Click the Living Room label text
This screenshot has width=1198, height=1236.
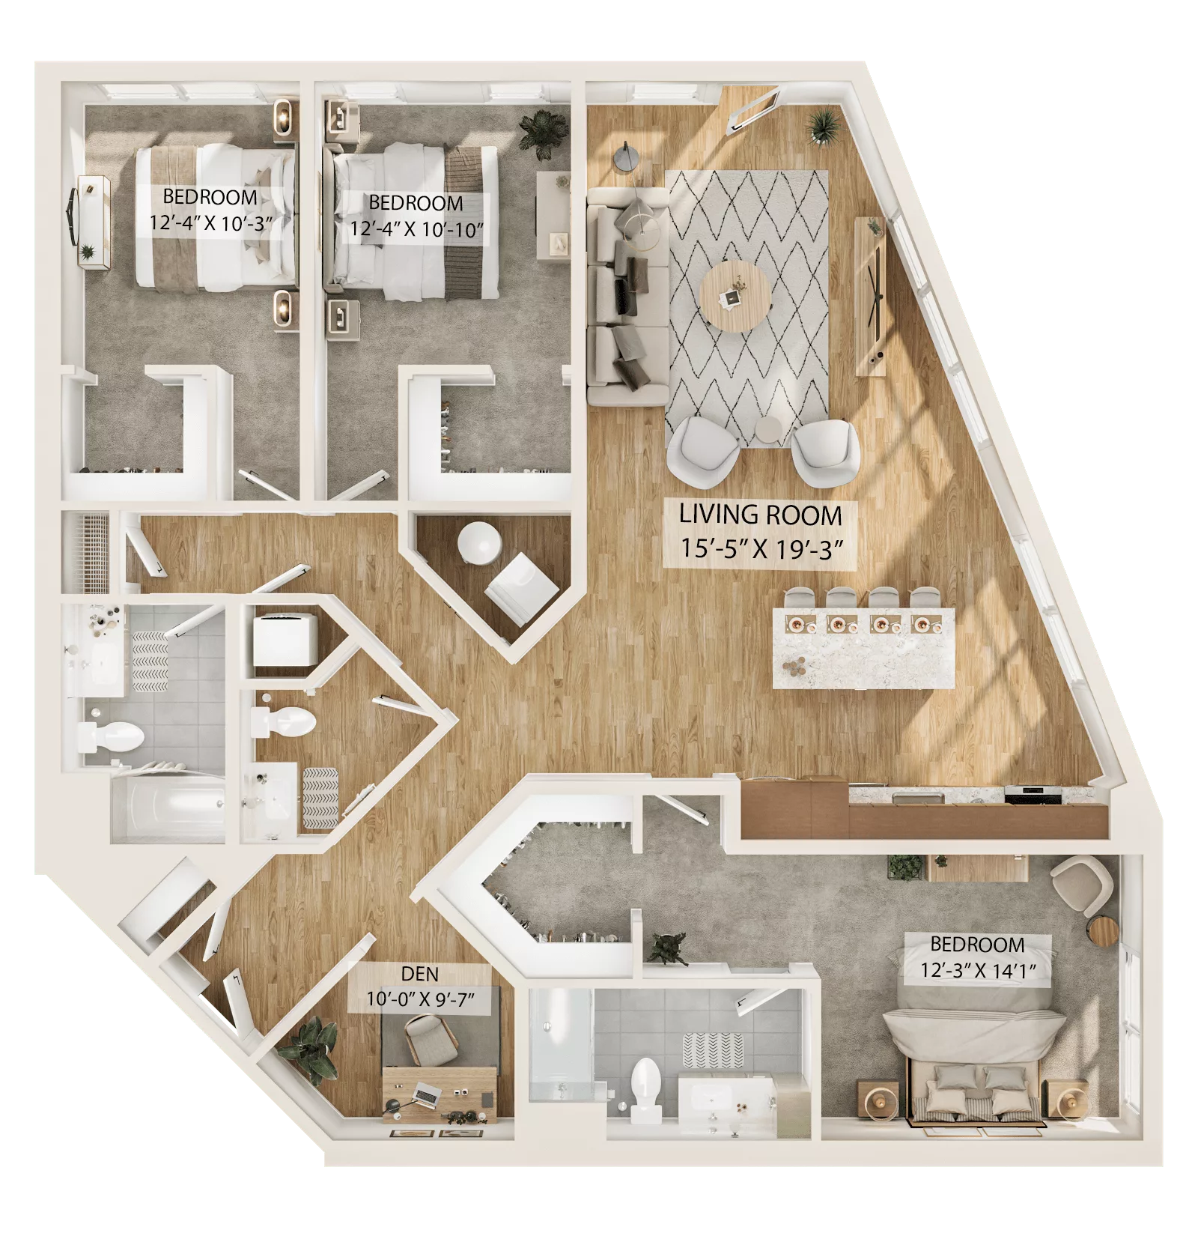tap(760, 515)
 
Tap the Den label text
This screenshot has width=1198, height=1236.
tap(420, 975)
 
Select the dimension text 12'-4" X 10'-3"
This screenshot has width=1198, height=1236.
tap(210, 223)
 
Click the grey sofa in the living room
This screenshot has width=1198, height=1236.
tap(625, 296)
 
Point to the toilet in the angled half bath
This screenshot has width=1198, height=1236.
tap(289, 721)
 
